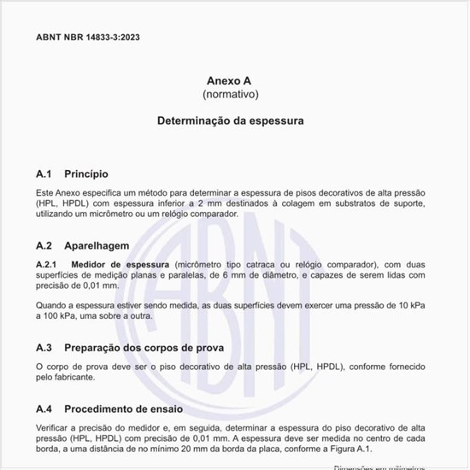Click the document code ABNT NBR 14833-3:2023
(88, 38)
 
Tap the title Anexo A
(230, 79)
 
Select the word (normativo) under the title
(230, 93)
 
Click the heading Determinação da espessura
(230, 121)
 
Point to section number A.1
(44, 173)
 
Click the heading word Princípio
(85, 173)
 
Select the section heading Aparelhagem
(97, 244)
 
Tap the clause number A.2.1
(46, 264)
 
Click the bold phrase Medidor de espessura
(120, 264)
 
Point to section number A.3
(44, 348)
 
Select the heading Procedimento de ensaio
(129, 408)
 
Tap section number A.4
(44, 408)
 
